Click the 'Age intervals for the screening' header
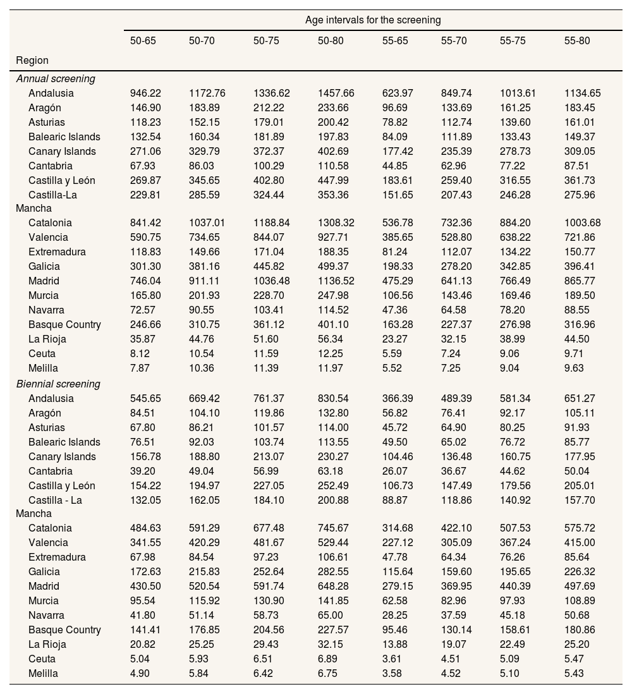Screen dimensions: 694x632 (x=373, y=20)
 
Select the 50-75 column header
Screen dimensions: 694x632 (x=266, y=41)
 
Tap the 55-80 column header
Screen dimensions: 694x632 (x=577, y=41)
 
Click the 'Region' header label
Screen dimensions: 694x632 (x=32, y=61)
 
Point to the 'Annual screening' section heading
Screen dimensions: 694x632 (x=56, y=79)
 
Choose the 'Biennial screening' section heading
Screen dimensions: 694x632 (x=58, y=384)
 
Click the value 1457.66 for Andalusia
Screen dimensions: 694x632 (x=336, y=94)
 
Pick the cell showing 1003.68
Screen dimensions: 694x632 (x=582, y=223)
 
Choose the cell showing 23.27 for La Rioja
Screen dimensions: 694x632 (x=394, y=339)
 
